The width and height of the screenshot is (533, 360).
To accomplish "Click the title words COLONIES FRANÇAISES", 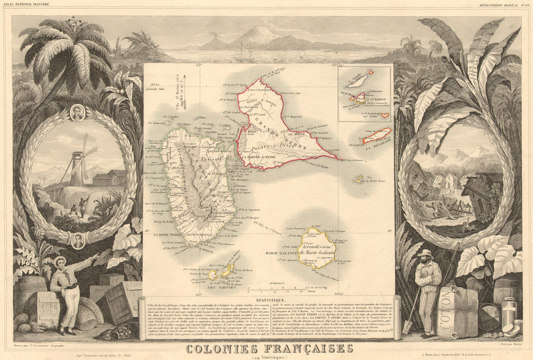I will tap(269, 349).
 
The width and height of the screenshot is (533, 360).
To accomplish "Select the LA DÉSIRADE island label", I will tap(379, 141).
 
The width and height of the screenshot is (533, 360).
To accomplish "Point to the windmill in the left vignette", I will tap(80, 154).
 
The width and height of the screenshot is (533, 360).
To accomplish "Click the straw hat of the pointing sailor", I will tap(59, 260).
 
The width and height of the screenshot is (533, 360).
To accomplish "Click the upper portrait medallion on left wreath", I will tap(77, 113).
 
